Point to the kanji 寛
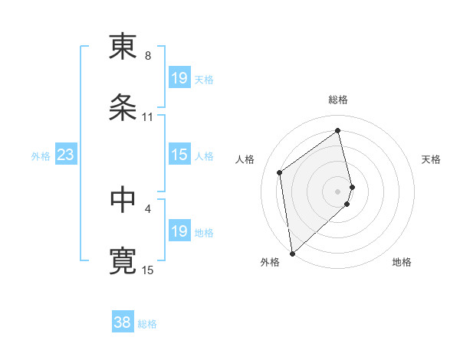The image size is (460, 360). coord(123,260)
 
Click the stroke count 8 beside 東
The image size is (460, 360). coord(148,56)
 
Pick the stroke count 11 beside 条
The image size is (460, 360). coord(148,117)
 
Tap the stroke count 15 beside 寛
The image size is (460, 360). coord(148,270)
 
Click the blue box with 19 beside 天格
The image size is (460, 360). coord(179,78)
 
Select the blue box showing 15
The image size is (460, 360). coord(179,155)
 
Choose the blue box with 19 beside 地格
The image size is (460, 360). coord(179,231)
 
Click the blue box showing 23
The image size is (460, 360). coord(65,155)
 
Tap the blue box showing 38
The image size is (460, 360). coord(122,323)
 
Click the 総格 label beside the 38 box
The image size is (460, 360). coord(147,324)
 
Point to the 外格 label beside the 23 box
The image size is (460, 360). coord(41,156)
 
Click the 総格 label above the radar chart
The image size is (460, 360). coord(338,100)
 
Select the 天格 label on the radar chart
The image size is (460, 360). coord(432,159)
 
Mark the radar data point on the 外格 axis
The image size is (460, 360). coord(292,254)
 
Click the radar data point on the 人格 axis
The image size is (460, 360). coord(280,172)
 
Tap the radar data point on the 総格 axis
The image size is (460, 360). coord(338,130)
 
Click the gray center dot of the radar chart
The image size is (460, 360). coord(338,191)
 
